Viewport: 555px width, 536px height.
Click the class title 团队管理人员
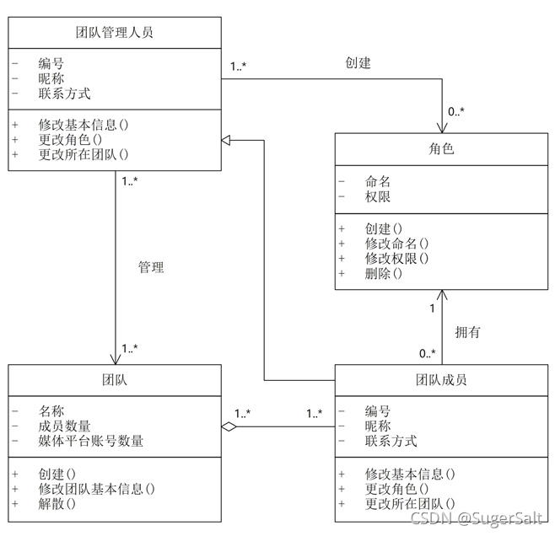(x=114, y=33)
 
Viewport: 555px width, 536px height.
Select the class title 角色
(x=441, y=149)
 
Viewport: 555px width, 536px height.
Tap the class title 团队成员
(x=441, y=380)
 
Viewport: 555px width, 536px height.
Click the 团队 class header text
(x=114, y=380)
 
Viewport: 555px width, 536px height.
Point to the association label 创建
(x=358, y=62)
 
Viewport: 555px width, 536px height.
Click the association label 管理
(x=151, y=267)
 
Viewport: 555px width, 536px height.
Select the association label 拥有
(x=467, y=331)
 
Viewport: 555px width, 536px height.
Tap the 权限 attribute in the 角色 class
(x=378, y=197)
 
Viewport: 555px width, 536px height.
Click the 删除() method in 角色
(x=384, y=273)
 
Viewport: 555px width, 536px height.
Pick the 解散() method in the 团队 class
(x=57, y=504)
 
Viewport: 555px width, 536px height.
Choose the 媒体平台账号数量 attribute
(x=91, y=441)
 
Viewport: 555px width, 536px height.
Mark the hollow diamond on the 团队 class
(x=229, y=426)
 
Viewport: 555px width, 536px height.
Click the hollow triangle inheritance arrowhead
(x=226, y=139)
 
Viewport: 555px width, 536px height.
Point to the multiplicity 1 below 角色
(x=433, y=308)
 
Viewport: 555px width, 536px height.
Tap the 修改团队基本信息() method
(x=97, y=489)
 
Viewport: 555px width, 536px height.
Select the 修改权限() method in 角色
(x=397, y=259)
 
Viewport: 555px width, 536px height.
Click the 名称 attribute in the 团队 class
(x=51, y=411)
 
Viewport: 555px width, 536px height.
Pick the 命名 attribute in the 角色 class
(x=378, y=181)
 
